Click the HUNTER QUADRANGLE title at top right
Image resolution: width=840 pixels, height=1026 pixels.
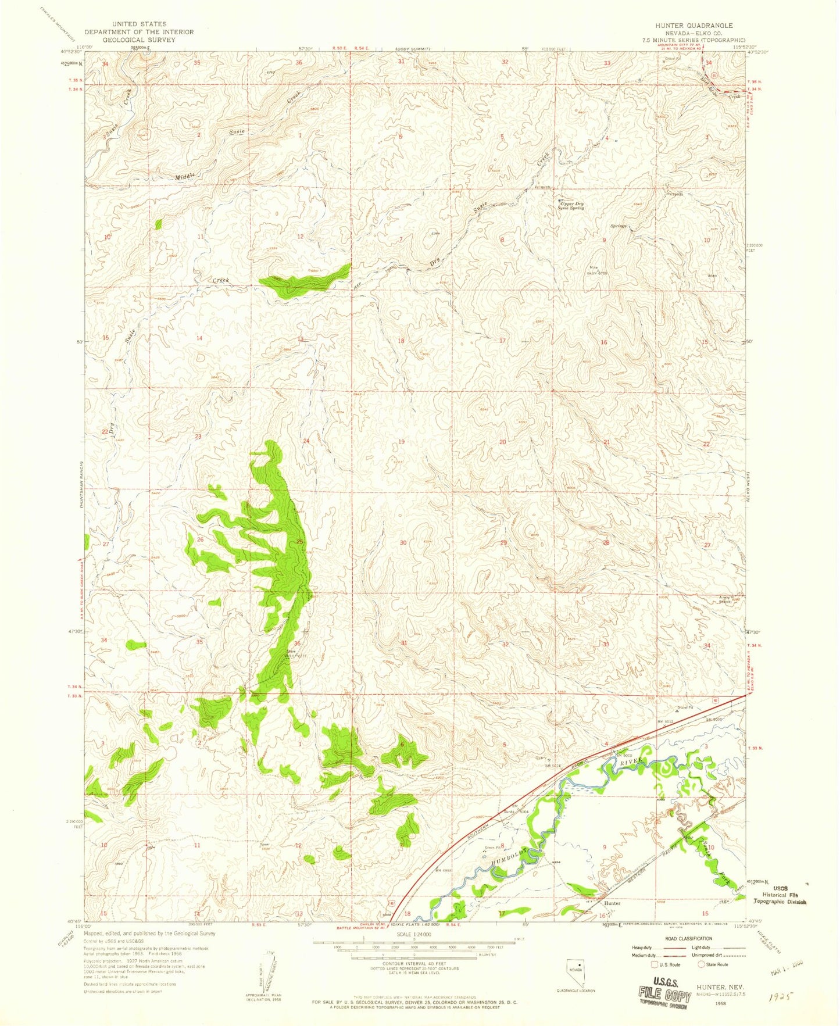(694, 26)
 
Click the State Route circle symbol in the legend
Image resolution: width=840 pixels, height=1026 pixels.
(702, 964)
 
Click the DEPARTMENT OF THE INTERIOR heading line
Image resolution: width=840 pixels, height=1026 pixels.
(139, 32)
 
